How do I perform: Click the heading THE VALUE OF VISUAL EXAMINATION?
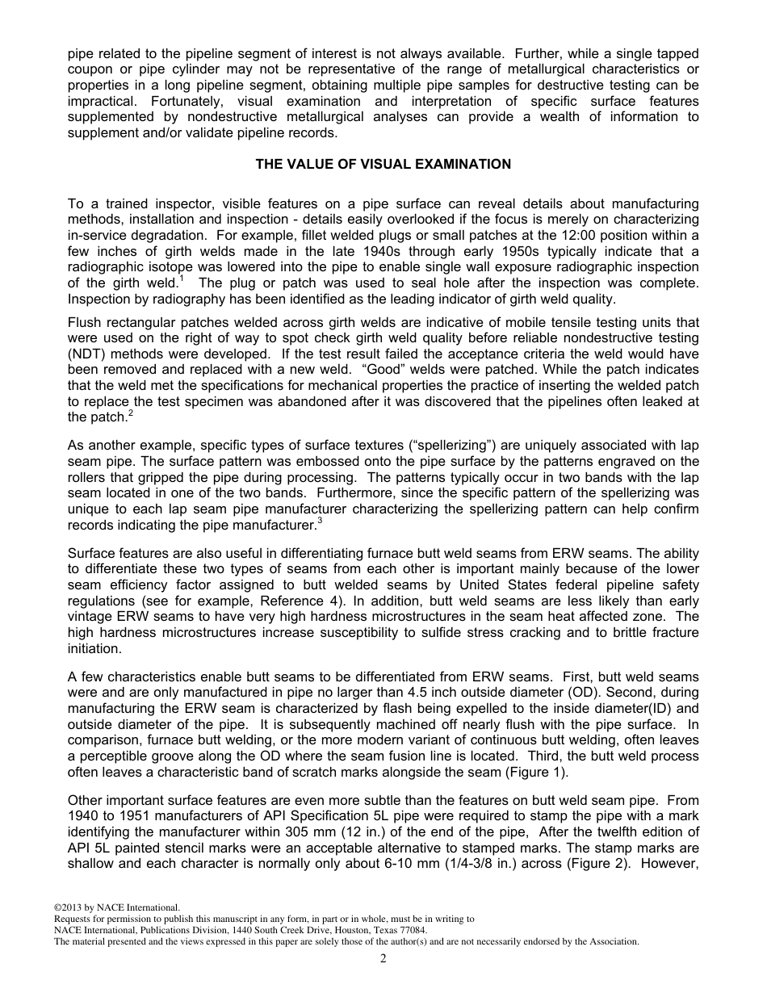point(383,164)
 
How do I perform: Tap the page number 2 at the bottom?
point(383,958)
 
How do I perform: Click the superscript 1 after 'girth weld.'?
point(182,279)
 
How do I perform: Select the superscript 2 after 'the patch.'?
point(130,413)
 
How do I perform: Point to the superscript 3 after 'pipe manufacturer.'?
point(320,521)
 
